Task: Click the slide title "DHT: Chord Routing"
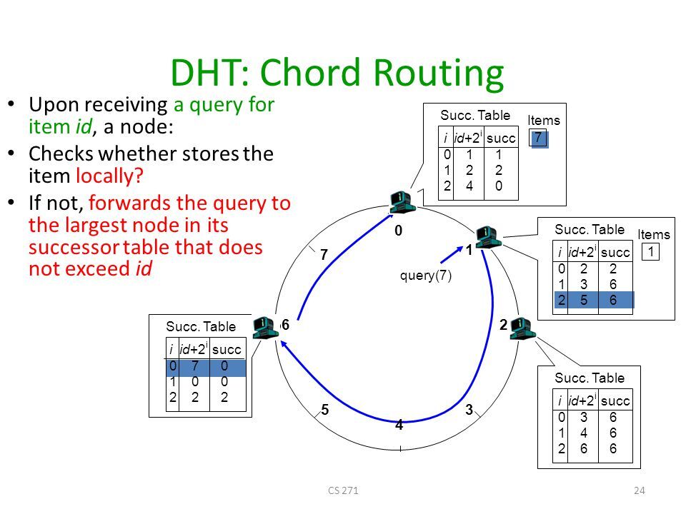point(337,74)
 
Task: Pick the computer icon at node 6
point(265,326)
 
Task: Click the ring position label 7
point(323,255)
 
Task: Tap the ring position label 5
point(324,410)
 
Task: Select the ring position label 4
point(399,426)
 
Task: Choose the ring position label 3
point(469,409)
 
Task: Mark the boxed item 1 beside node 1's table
point(650,251)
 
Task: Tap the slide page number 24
point(640,490)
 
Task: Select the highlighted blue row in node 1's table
point(594,300)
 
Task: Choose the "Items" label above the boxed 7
point(544,121)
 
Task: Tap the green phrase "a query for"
point(224,106)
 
